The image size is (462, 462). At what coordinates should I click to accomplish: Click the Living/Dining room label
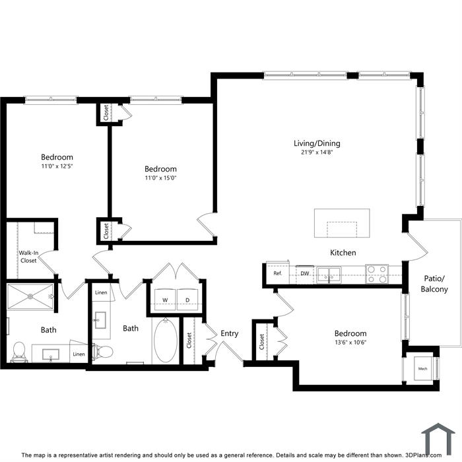(x=317, y=143)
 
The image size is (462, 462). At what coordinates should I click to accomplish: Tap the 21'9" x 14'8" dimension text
(x=317, y=152)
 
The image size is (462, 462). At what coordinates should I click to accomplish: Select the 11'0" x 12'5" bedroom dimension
(x=57, y=166)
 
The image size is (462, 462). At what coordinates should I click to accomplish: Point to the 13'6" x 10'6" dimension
(x=350, y=343)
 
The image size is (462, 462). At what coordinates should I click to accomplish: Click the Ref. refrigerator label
(x=278, y=273)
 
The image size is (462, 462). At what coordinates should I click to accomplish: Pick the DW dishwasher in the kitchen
(x=305, y=273)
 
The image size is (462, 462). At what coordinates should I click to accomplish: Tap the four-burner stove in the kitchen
(x=377, y=274)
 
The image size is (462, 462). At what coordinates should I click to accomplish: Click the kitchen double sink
(x=329, y=275)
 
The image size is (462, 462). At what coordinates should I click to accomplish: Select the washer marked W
(x=165, y=300)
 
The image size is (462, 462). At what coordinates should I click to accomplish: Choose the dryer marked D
(x=187, y=300)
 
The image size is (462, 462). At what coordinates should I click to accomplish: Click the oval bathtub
(x=166, y=341)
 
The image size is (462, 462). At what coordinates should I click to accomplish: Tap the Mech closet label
(x=422, y=368)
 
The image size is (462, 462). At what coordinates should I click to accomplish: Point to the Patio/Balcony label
(x=434, y=284)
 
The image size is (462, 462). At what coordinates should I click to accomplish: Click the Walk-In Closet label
(x=28, y=257)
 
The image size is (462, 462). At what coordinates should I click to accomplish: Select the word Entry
(x=230, y=333)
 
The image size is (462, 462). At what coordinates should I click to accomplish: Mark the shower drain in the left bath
(x=30, y=297)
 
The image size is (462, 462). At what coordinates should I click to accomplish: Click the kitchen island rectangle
(x=342, y=223)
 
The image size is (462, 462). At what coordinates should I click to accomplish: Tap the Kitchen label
(x=343, y=253)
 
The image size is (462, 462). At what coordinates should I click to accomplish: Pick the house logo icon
(x=438, y=439)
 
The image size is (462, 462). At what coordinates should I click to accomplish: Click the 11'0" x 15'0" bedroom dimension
(x=160, y=178)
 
